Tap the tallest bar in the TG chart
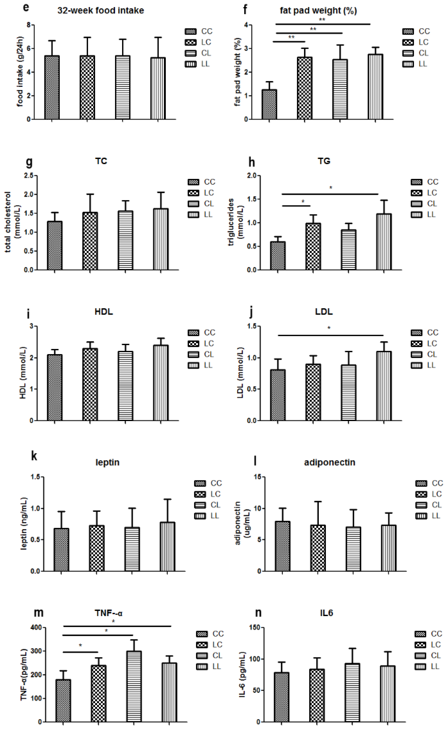click(x=384, y=242)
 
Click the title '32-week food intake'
click(x=100, y=11)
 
